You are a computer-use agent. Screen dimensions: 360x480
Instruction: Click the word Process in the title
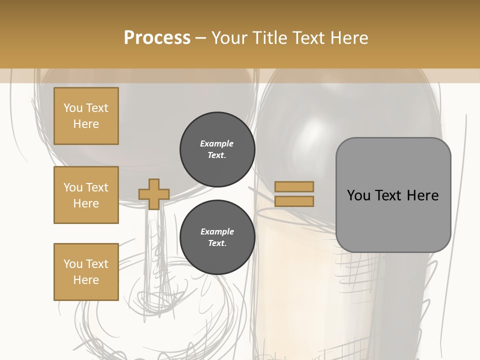coord(157,38)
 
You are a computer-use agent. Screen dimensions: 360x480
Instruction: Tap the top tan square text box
coord(86,116)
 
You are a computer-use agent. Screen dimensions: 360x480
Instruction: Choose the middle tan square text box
coord(86,195)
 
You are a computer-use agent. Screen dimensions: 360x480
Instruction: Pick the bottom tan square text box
coord(86,271)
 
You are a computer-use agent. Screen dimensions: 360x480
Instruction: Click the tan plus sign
coord(154,194)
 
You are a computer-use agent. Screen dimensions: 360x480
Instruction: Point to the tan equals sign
coord(294,194)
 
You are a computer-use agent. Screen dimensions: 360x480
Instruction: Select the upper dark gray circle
coord(217,149)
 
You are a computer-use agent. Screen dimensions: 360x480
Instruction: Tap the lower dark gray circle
coord(217,237)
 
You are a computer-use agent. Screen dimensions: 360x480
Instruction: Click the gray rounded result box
coord(393,195)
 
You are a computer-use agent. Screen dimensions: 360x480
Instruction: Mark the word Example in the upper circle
coord(217,144)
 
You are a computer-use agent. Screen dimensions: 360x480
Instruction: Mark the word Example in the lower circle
coord(217,232)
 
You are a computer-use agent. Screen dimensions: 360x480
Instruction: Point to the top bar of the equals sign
coord(294,187)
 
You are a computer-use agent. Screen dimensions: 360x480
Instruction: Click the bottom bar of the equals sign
coord(294,201)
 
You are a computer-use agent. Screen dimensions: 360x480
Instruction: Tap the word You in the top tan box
coord(73,108)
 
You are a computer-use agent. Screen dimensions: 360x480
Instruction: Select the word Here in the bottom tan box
coord(86,280)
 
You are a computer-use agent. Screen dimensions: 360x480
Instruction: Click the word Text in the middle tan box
coord(97,187)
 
